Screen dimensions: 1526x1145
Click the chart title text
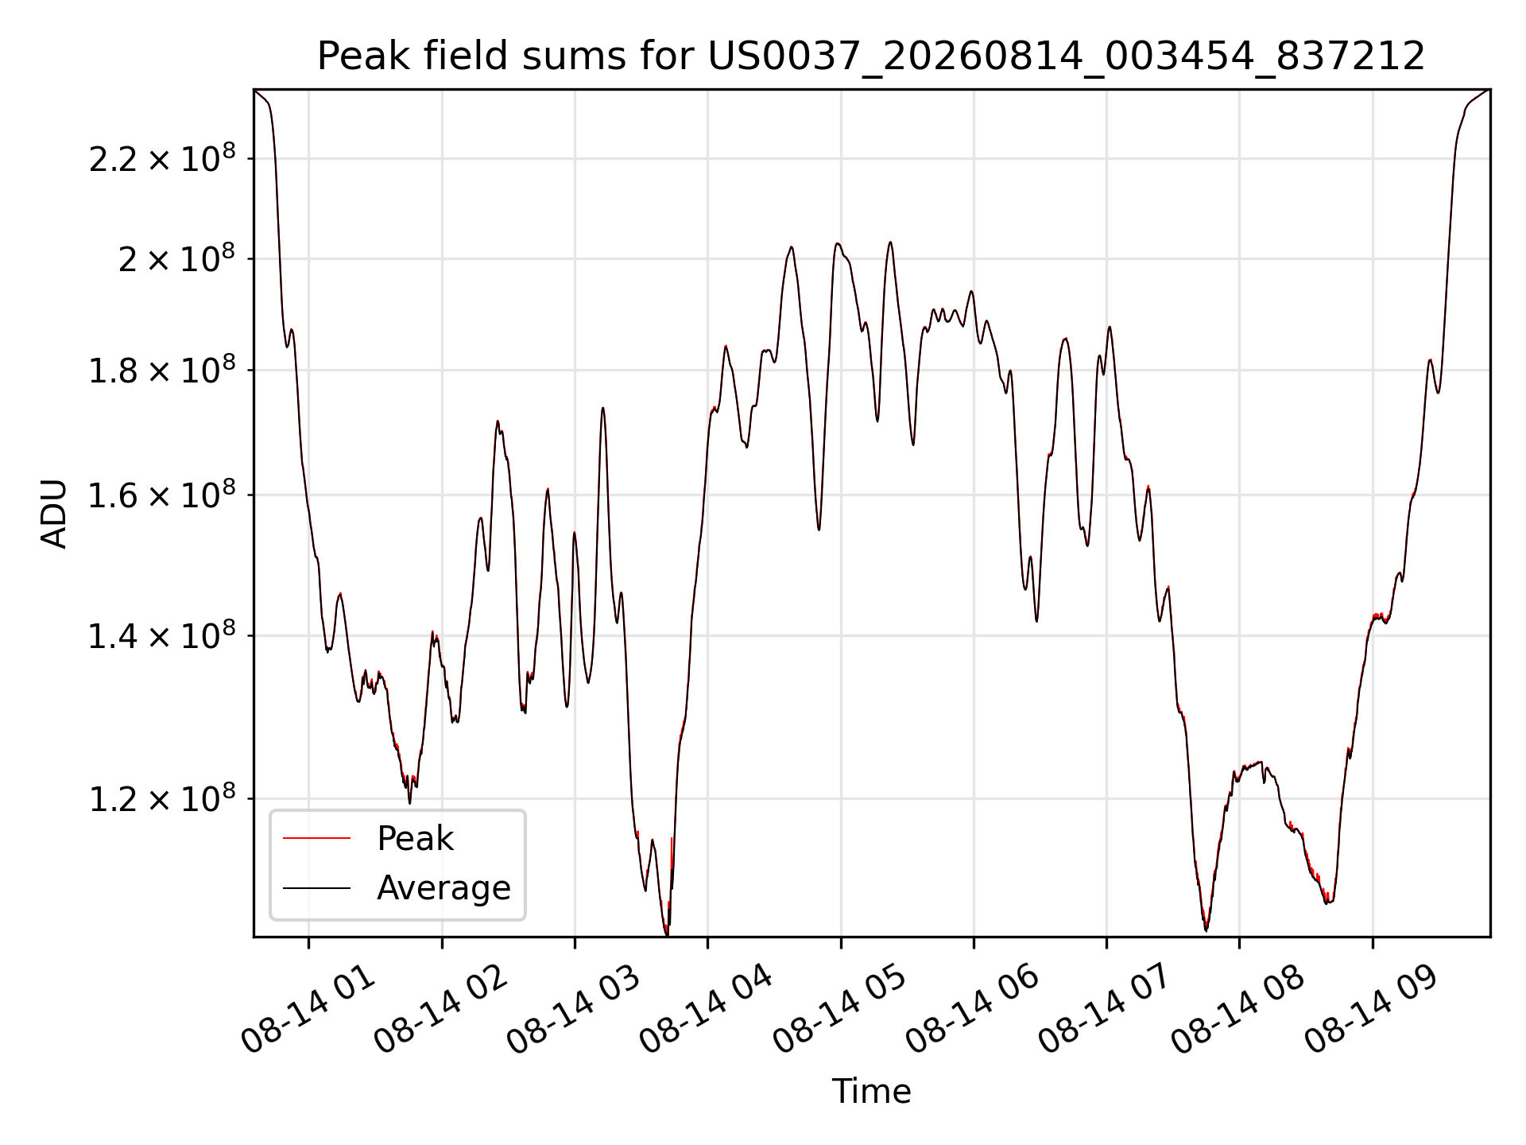(871, 56)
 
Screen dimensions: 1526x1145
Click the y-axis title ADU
(54, 514)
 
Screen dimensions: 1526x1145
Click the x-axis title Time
(871, 1092)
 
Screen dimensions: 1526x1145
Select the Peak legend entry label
(415, 839)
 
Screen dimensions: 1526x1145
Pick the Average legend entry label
(443, 888)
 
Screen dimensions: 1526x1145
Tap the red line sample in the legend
(316, 838)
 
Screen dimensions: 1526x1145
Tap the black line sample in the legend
(316, 887)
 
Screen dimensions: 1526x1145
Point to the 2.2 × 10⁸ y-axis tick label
(162, 159)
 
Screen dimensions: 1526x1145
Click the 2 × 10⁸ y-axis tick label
(176, 259)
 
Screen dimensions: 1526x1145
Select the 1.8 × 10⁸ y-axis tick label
(162, 371)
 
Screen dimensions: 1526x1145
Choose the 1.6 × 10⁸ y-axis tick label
(162, 495)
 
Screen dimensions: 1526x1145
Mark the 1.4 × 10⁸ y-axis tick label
(162, 636)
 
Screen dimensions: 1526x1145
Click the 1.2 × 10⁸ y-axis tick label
(162, 799)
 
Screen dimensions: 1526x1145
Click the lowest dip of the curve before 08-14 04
(666, 934)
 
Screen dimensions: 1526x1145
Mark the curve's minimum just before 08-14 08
(1206, 930)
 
